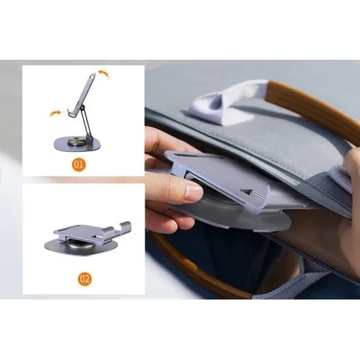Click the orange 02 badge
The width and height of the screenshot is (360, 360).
pyautogui.click(x=85, y=279)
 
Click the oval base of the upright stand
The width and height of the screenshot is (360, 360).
pyautogui.click(x=77, y=144)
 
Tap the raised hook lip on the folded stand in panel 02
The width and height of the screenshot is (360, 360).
pyautogui.click(x=125, y=229)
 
